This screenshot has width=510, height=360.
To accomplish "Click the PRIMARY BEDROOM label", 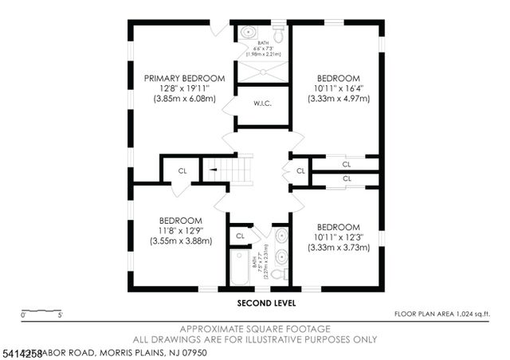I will coord(184,78).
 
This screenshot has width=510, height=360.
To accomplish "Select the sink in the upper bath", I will coord(248,34).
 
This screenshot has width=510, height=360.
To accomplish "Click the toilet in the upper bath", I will coord(278,33).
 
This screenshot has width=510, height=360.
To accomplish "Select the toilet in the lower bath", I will coord(278,273).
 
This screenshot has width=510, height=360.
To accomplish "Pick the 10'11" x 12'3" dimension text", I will coord(339,237).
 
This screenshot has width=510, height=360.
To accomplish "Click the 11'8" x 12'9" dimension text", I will coord(181,231).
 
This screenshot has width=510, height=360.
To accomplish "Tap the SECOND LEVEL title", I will coord(266,303).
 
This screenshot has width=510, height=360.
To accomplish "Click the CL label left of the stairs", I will coord(182,170).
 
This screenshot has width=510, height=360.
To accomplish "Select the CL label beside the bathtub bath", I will coord(240,237).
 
